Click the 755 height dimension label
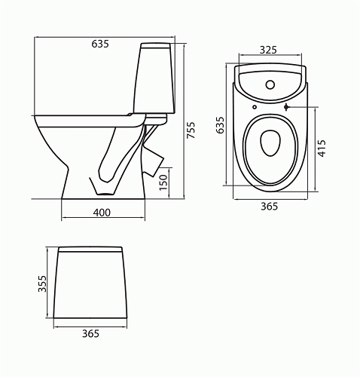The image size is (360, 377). (191, 130)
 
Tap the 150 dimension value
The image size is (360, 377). (163, 182)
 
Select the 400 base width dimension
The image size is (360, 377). (102, 213)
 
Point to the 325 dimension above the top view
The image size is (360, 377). (268, 50)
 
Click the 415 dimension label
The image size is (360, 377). (322, 149)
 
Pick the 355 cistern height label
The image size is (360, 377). (42, 284)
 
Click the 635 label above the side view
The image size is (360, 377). (100, 44)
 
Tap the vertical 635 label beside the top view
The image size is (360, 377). (220, 125)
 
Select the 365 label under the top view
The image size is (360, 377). (270, 207)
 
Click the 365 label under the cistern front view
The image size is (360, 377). (91, 333)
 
